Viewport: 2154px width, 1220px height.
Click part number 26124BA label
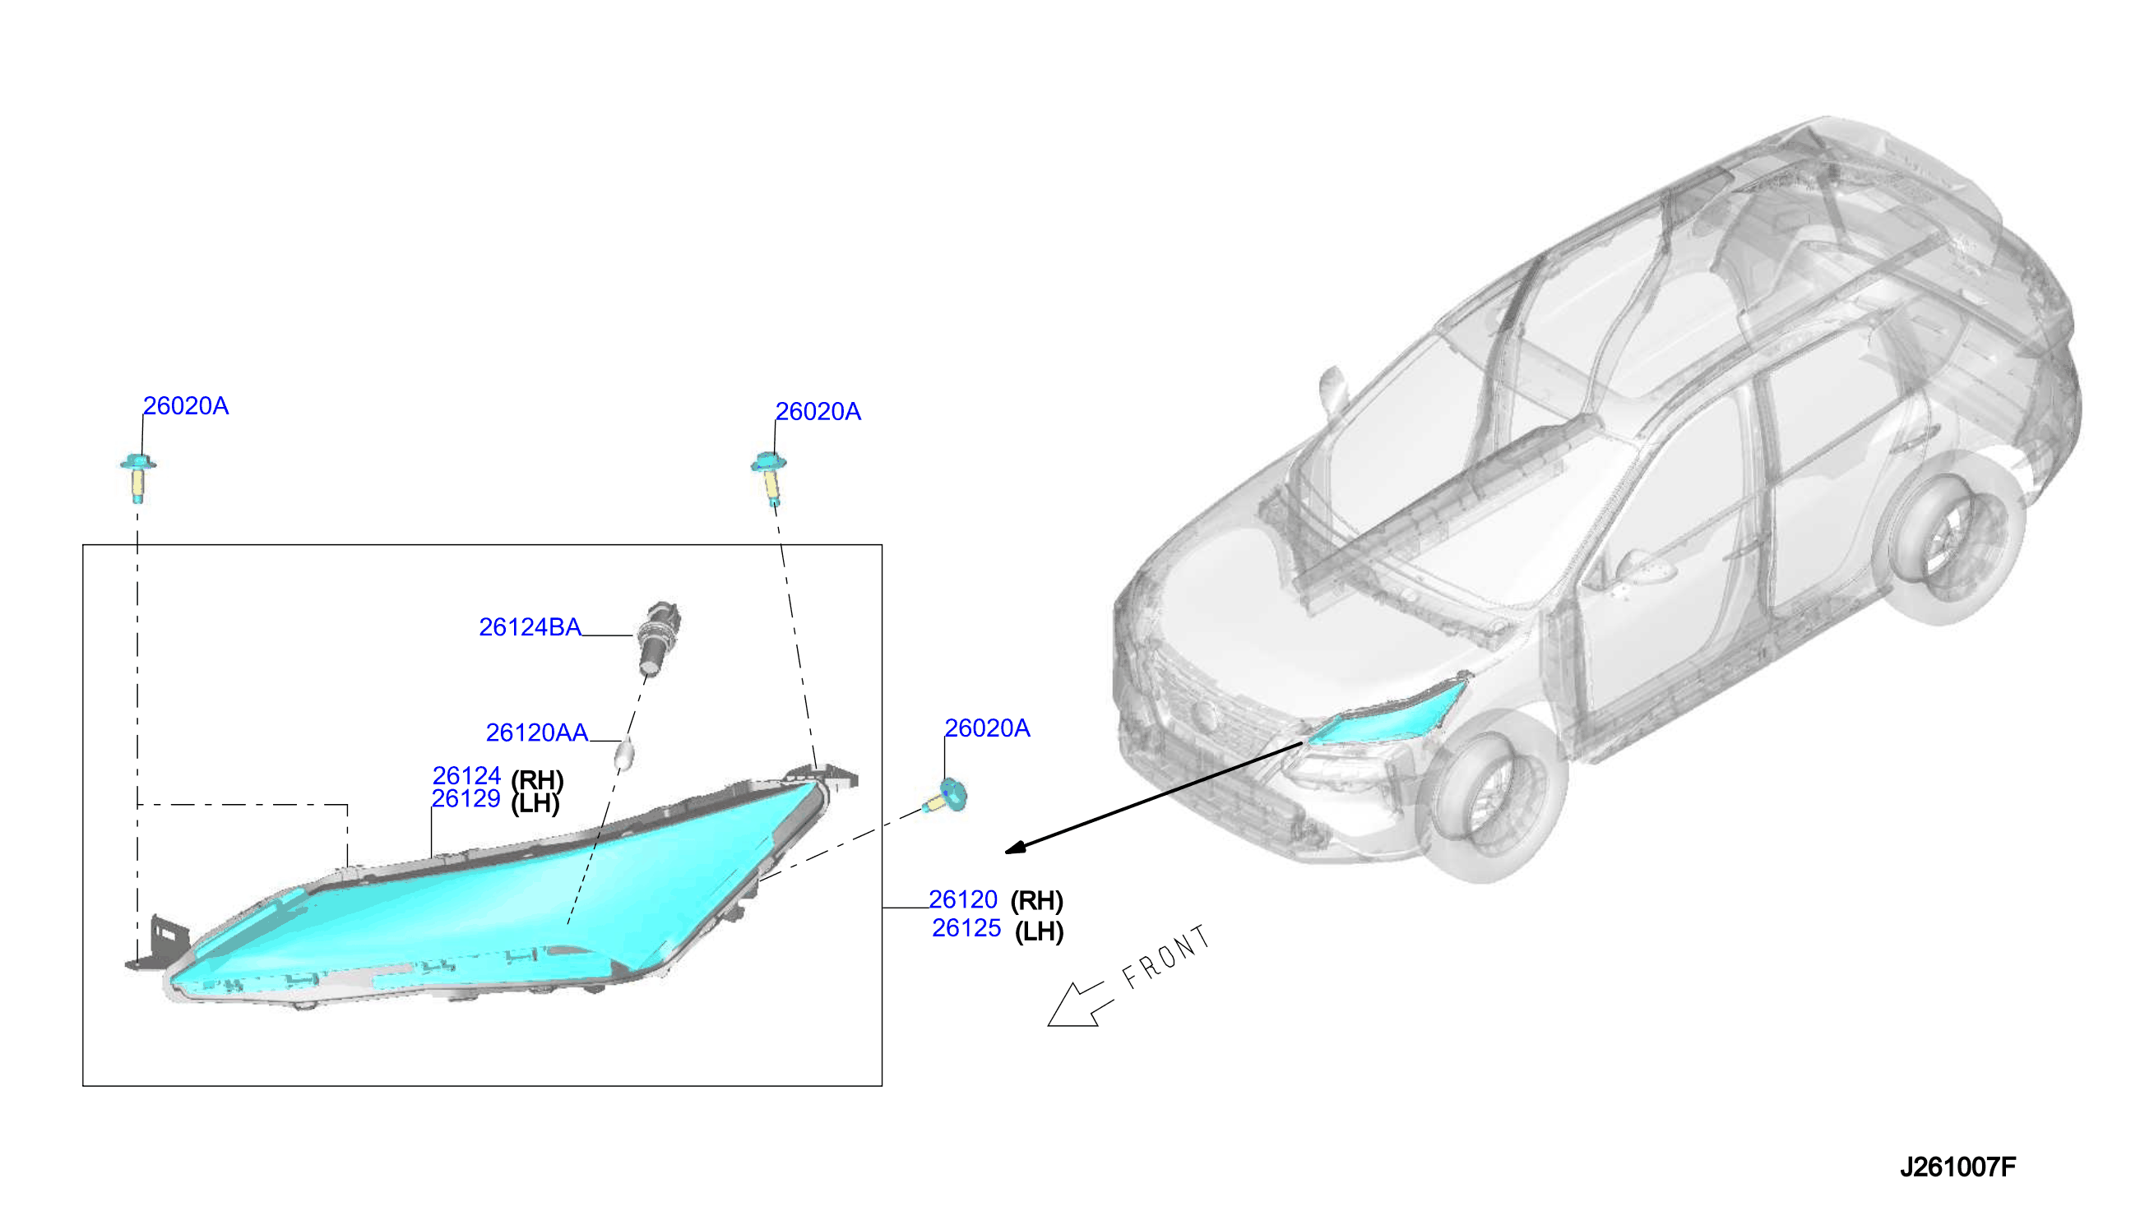[530, 626]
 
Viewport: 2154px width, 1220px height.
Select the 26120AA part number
[537, 732]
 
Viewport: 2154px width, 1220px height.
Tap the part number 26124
[467, 776]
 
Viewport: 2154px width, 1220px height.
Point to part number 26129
[466, 798]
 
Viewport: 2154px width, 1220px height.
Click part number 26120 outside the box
[963, 900]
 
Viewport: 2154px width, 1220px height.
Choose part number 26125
[966, 928]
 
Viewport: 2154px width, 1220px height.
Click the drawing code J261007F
[1957, 1167]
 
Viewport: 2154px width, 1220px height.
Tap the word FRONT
[1167, 957]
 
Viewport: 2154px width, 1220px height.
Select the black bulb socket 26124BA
[660, 638]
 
